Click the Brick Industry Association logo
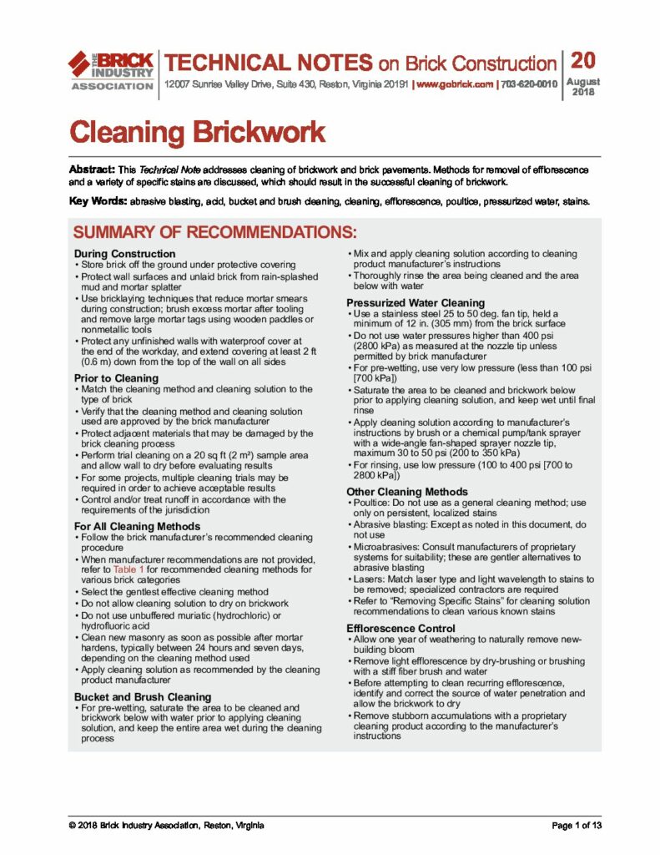pyautogui.click(x=110, y=70)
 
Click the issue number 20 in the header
pyautogui.click(x=583, y=60)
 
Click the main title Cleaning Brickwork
pyautogui.click(x=196, y=132)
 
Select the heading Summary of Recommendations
pyautogui.click(x=214, y=231)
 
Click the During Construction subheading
pyautogui.click(x=124, y=253)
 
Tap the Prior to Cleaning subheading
pyautogui.click(x=116, y=378)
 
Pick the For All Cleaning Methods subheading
pyautogui.click(x=137, y=526)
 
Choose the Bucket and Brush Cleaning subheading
pyautogui.click(x=143, y=696)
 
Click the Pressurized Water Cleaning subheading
pyautogui.click(x=415, y=302)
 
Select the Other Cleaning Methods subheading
pyautogui.click(x=407, y=492)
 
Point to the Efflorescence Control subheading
pyautogui.click(x=402, y=628)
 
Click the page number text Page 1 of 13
pyautogui.click(x=577, y=826)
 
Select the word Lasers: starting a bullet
pyautogui.click(x=370, y=579)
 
